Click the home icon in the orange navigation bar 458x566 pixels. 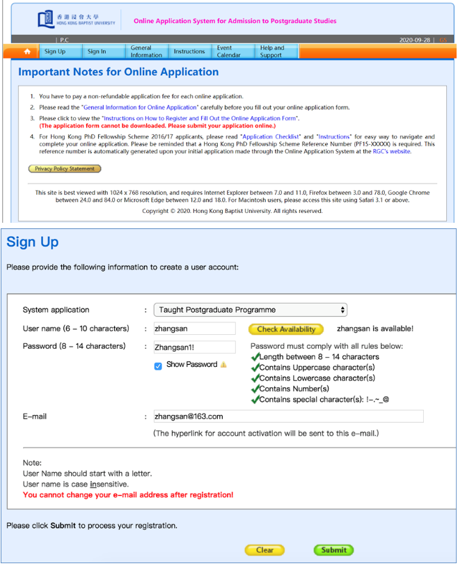point(27,52)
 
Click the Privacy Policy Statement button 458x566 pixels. point(65,168)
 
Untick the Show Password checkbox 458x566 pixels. point(158,365)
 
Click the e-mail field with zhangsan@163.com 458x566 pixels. point(288,416)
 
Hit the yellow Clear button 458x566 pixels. point(264,550)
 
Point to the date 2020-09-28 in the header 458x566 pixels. point(414,40)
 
